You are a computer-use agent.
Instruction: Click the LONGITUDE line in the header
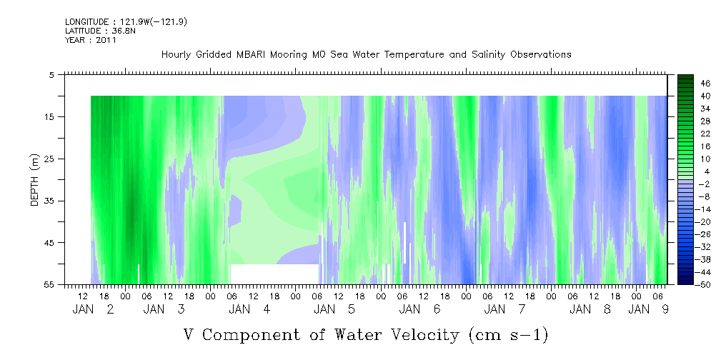(x=126, y=21)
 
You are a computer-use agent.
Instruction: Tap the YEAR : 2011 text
(x=91, y=40)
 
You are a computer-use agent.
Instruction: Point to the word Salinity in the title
(x=487, y=55)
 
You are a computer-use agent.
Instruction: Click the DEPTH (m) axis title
(x=35, y=180)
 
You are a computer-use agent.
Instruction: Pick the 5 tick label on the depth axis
(x=51, y=74)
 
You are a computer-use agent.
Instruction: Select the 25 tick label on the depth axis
(x=49, y=159)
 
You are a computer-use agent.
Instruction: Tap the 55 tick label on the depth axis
(x=49, y=285)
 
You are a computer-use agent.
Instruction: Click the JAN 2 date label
(x=94, y=309)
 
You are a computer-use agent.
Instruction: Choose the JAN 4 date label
(x=249, y=309)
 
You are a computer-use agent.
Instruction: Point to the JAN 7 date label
(x=505, y=309)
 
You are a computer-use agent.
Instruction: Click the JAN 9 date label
(x=648, y=309)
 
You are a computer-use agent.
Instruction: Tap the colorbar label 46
(x=706, y=84)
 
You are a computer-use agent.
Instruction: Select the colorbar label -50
(x=704, y=285)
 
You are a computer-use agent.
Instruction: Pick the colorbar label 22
(x=706, y=134)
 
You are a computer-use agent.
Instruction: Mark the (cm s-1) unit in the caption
(x=509, y=335)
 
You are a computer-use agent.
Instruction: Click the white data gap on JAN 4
(x=274, y=274)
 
